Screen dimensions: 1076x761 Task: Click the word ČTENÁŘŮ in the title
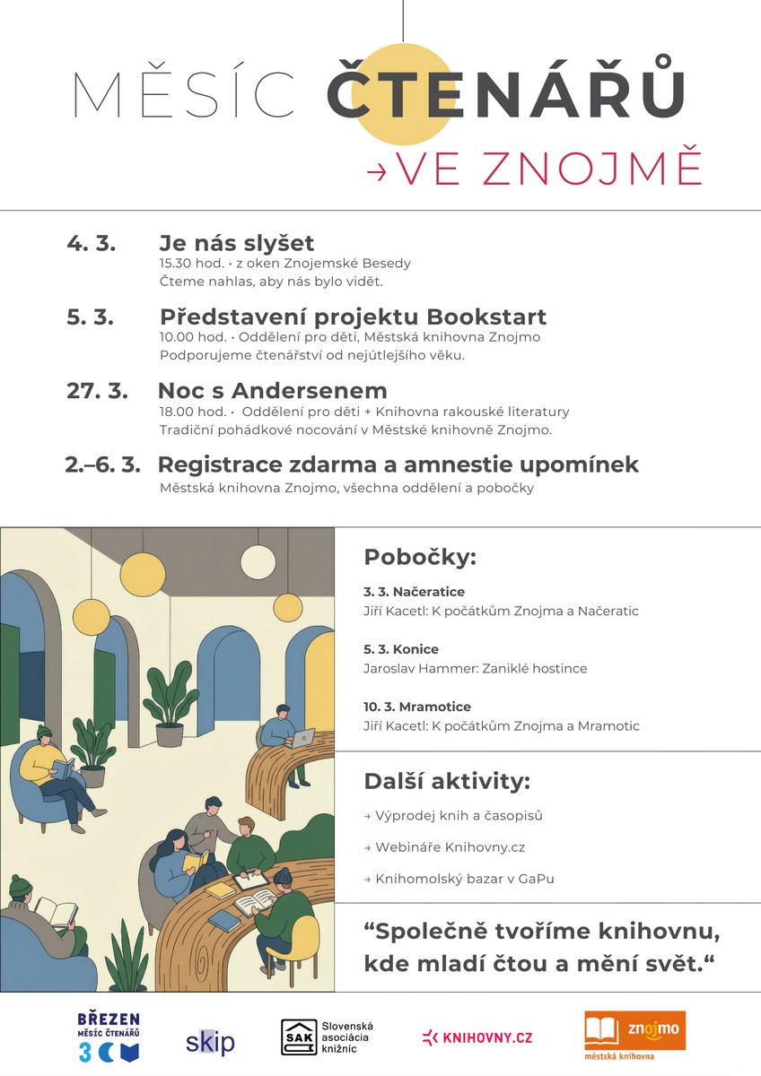506,94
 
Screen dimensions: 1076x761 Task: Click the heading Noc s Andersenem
273,391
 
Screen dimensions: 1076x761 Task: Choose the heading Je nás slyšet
237,243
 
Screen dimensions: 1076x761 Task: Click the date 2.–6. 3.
102,464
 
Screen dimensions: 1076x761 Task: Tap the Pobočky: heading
419,557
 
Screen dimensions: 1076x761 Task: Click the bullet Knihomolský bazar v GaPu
464,879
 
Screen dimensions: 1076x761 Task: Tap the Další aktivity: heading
447,781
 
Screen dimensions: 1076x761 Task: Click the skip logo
210,1042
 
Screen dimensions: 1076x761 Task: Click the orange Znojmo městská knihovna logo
634,1037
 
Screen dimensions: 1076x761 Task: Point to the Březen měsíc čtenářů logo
109,1036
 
